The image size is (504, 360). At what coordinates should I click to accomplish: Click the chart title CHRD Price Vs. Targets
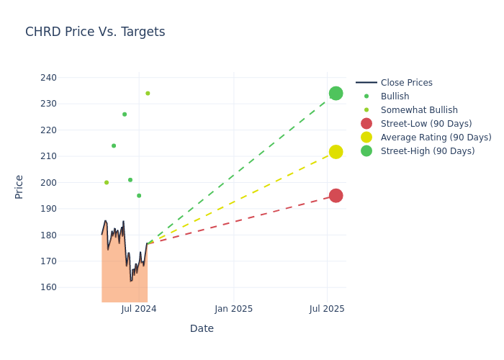tap(95, 32)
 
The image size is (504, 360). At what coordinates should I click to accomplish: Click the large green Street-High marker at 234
tap(336, 94)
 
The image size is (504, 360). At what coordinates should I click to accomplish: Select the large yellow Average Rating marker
tap(336, 152)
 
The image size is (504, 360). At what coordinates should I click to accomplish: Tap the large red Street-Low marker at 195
tap(336, 196)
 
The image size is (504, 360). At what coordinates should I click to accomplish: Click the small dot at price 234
tap(148, 94)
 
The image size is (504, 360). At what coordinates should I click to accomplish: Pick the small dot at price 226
tap(125, 114)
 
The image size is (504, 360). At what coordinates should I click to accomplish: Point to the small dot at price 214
tap(114, 146)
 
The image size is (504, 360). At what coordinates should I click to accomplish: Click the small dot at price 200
tap(107, 183)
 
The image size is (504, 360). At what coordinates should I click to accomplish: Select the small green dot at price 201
tap(130, 180)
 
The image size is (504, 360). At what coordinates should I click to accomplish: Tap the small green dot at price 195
tap(139, 196)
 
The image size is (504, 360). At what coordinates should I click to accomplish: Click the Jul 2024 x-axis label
tap(139, 309)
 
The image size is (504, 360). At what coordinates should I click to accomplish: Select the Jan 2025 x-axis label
tap(233, 309)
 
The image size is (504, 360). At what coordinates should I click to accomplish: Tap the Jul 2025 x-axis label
tap(328, 309)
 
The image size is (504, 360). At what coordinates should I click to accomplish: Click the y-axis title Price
tap(19, 186)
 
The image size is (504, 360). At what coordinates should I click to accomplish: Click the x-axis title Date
tap(202, 328)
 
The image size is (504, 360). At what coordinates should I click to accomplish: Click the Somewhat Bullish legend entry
tap(419, 110)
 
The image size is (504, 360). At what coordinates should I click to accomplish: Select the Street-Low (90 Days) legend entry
tap(426, 124)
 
